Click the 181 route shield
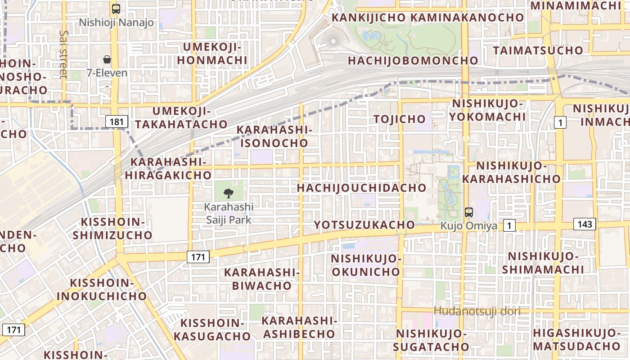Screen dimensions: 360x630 (x=116, y=121)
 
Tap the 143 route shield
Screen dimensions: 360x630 (x=585, y=224)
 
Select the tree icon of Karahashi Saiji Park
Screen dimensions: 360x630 (x=229, y=193)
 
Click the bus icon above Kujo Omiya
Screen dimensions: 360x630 (x=468, y=212)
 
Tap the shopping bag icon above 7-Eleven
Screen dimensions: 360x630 (x=107, y=59)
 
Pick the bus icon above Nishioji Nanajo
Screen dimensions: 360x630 (x=116, y=9)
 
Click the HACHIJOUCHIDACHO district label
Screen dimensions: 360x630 (x=362, y=188)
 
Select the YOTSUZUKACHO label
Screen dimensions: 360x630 (x=364, y=225)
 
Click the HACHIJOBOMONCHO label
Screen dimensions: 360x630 (x=413, y=60)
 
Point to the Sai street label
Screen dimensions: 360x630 (x=63, y=54)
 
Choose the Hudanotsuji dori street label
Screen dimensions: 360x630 (x=477, y=311)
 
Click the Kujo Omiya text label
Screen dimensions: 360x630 (x=468, y=226)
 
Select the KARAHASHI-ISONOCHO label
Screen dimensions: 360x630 (x=274, y=136)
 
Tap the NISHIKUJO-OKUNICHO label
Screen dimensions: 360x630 (x=365, y=265)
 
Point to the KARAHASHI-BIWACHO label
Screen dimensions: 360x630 (x=262, y=279)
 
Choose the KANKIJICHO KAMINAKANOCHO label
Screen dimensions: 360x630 (x=427, y=18)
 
